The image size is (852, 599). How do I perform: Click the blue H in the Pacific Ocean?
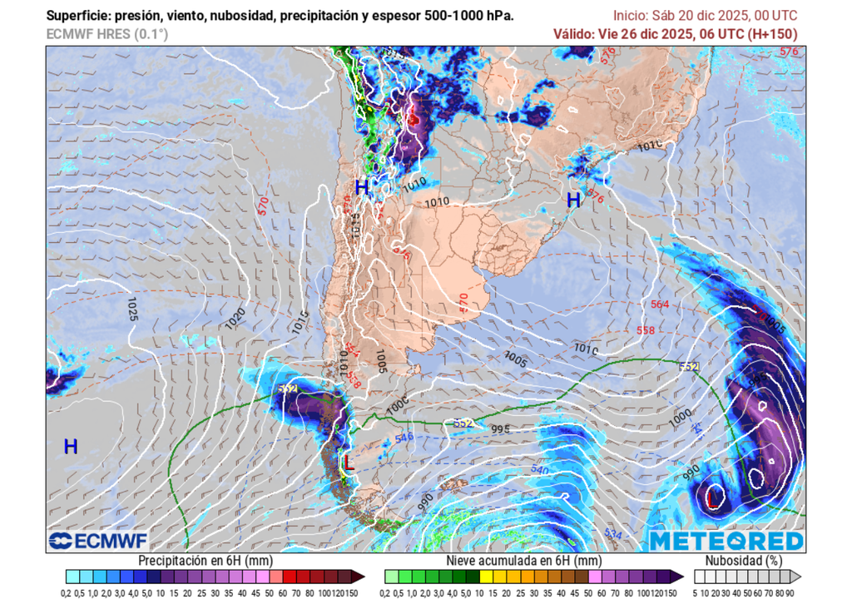(71, 447)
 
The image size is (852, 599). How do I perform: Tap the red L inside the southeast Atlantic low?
(711, 498)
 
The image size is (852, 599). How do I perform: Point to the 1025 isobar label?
(131, 309)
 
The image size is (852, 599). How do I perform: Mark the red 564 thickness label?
(659, 304)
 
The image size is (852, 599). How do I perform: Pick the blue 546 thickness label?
(404, 437)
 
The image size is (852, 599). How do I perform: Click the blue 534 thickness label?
(613, 532)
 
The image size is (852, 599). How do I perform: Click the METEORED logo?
(726, 541)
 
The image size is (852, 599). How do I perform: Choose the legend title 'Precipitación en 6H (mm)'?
(206, 561)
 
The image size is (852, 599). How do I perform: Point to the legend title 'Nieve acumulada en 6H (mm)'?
(524, 561)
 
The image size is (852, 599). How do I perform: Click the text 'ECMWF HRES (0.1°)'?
(107, 34)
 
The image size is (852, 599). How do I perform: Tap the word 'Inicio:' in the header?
(633, 16)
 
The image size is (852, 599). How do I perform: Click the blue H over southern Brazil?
(573, 200)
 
